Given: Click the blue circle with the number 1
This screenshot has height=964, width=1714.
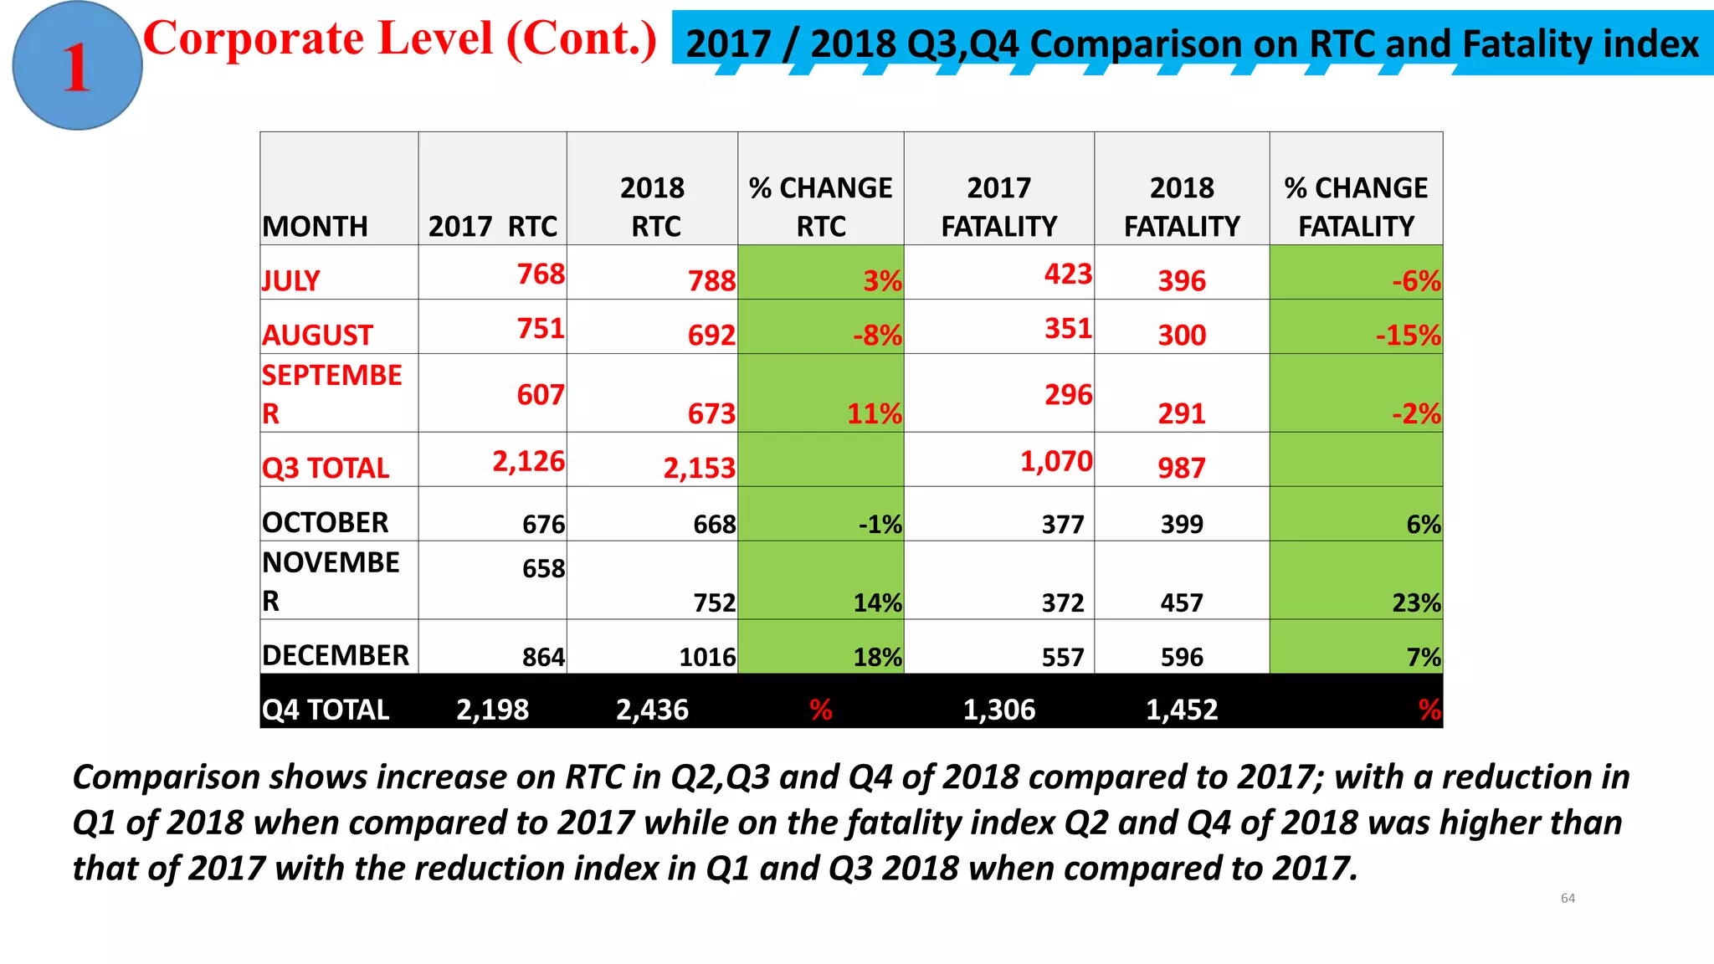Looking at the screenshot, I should click(x=77, y=66).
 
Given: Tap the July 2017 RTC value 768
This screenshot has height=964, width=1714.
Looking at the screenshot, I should click(x=541, y=274).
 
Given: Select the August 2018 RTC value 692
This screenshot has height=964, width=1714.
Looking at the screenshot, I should click(x=711, y=335).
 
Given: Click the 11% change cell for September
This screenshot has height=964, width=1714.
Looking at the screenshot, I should click(x=874, y=413).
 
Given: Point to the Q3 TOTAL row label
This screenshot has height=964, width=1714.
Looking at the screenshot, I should click(x=326, y=468).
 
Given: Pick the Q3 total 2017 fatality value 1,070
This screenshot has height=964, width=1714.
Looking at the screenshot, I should click(x=1055, y=461).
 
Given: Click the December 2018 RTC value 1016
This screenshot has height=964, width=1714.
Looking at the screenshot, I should click(x=707, y=657).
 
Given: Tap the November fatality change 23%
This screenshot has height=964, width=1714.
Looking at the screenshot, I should click(x=1416, y=602).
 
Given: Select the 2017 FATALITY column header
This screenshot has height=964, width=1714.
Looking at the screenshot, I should click(x=998, y=207).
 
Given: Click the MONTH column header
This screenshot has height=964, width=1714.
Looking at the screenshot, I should click(x=315, y=226).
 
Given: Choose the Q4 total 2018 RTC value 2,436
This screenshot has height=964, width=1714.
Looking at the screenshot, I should click(x=652, y=710).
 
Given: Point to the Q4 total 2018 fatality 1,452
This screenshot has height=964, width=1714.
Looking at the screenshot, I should click(x=1181, y=710).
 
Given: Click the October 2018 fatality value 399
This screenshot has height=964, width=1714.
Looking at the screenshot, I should click(x=1181, y=524).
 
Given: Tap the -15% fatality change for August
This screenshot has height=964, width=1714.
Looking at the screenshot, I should click(x=1408, y=335).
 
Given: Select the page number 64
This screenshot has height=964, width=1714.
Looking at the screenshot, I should click(x=1568, y=898).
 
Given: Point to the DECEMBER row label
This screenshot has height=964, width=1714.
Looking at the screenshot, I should click(x=336, y=655).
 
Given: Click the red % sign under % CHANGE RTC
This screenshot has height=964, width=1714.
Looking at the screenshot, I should click(x=820, y=710).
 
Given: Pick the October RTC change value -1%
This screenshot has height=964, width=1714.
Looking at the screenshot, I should click(x=880, y=524).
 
